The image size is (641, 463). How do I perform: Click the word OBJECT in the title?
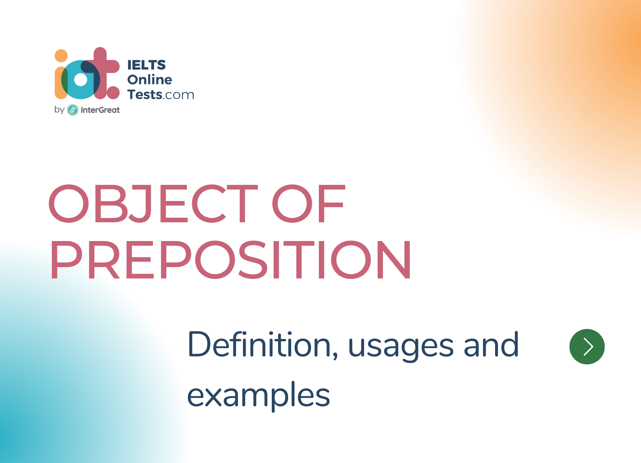tap(153, 204)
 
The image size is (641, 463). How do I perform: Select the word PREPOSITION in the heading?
tap(231, 259)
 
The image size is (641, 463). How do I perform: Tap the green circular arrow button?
tap(587, 347)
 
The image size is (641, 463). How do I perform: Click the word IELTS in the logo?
tap(146, 65)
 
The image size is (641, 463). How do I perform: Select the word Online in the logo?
tap(150, 80)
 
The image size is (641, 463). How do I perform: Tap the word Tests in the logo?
tap(145, 95)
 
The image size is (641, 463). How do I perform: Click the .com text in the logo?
tap(178, 96)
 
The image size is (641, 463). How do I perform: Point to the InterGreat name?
tap(100, 110)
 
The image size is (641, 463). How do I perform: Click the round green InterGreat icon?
tap(73, 110)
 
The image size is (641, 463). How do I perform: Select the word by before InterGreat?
tap(59, 110)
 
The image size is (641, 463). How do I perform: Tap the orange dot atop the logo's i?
tap(61, 56)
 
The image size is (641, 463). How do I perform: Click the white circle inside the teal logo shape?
tap(80, 80)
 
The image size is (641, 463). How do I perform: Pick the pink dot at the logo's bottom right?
tap(113, 93)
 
